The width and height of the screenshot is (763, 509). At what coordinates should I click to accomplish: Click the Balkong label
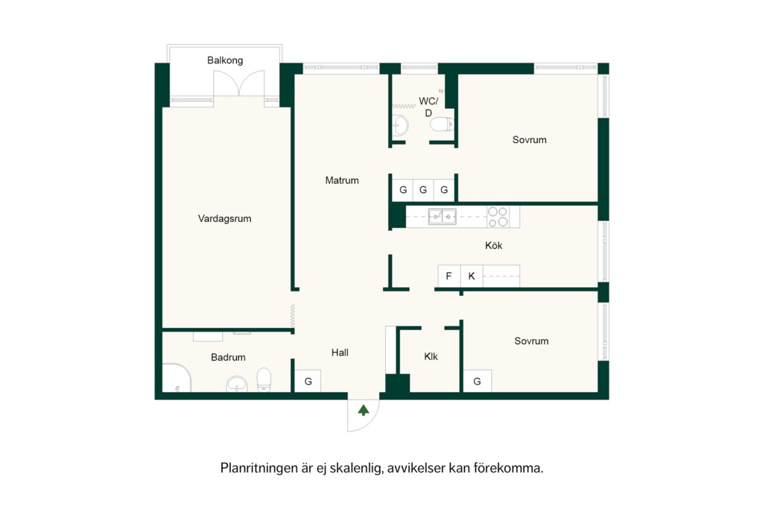225,60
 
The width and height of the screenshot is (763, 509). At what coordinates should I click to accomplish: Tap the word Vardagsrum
224,218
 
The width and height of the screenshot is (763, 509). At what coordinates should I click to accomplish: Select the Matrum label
341,180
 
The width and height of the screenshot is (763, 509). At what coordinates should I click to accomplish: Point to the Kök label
493,245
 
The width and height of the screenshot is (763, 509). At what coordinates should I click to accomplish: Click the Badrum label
228,357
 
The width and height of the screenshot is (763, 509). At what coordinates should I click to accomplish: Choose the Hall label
340,352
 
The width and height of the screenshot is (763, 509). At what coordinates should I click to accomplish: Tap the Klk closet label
431,356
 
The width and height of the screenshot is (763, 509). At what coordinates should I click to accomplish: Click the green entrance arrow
364,410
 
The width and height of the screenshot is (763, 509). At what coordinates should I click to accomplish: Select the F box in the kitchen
449,276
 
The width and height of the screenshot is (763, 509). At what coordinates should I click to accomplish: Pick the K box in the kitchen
472,276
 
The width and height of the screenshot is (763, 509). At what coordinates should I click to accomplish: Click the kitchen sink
442,217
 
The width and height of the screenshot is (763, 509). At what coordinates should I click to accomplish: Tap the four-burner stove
498,217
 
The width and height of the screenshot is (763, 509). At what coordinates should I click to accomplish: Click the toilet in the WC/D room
442,124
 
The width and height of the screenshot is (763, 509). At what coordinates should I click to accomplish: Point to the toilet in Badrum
264,379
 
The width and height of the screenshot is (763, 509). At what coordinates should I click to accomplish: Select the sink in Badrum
237,384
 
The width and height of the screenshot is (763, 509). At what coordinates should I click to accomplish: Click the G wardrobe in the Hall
308,381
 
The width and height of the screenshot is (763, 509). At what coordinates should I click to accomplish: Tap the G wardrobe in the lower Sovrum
477,381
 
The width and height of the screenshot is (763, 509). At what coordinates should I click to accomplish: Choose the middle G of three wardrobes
423,190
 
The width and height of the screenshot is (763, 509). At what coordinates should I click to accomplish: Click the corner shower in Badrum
176,378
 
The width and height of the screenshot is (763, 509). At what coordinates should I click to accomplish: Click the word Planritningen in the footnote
259,468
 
